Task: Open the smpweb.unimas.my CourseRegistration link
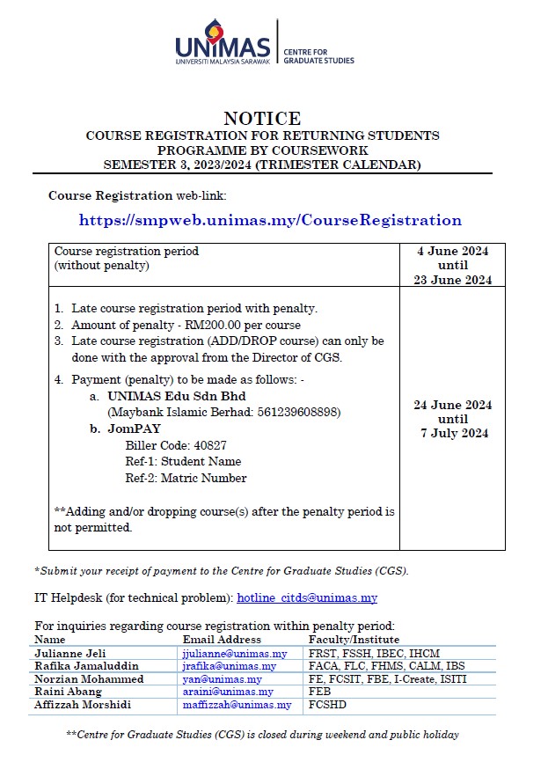coord(270,220)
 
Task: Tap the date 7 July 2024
coord(452,433)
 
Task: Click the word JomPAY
coord(134,429)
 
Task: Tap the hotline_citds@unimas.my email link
coord(307,598)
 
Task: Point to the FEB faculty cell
coord(318,692)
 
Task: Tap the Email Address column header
coord(222,640)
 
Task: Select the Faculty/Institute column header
coord(354,640)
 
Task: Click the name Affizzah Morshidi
coord(84,705)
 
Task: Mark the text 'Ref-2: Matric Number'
coord(186,479)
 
